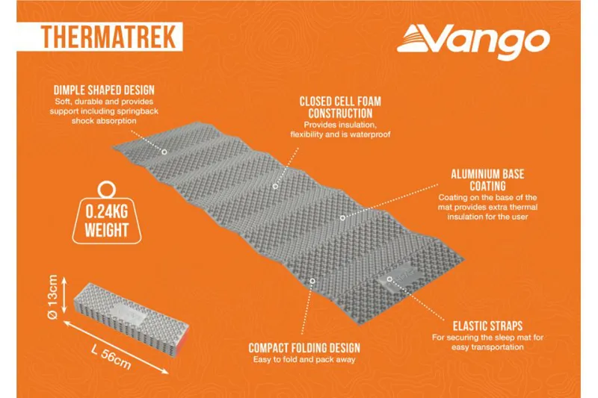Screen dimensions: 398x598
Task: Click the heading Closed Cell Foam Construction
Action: (x=340, y=106)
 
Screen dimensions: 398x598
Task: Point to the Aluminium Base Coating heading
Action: (x=487, y=179)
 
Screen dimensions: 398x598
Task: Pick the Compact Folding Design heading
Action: (x=304, y=348)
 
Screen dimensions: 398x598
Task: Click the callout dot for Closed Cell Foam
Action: (x=275, y=184)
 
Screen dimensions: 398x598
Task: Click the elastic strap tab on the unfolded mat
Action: (x=395, y=278)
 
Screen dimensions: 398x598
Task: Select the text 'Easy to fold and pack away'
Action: (x=304, y=361)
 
